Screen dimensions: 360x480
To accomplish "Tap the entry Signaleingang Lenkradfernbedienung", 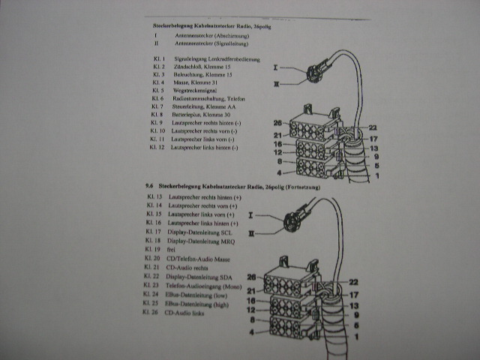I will click(217, 58).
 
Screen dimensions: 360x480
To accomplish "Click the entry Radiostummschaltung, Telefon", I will click(202, 99).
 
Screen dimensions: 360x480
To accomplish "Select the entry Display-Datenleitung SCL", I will click(203, 233).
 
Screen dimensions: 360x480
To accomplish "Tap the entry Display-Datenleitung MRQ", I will click(204, 241).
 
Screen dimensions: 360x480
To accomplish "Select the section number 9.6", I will click(150, 184).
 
